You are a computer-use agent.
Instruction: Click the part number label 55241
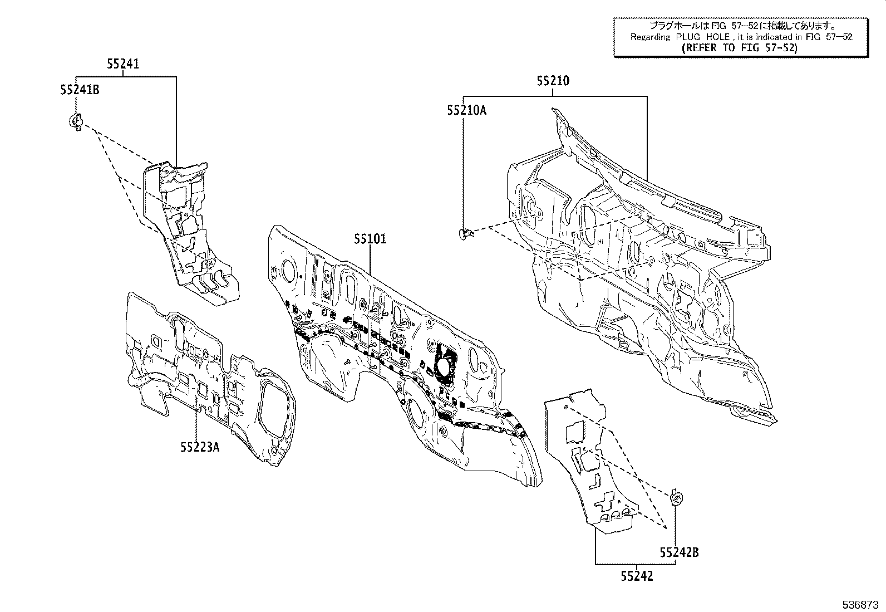click(123, 64)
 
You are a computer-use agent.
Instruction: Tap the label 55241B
click(80, 89)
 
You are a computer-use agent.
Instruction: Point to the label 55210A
click(466, 110)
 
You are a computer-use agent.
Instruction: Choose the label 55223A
click(199, 447)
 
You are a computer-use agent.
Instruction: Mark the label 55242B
click(679, 552)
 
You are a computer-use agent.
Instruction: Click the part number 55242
click(637, 576)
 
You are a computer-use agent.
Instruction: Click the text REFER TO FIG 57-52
click(740, 48)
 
